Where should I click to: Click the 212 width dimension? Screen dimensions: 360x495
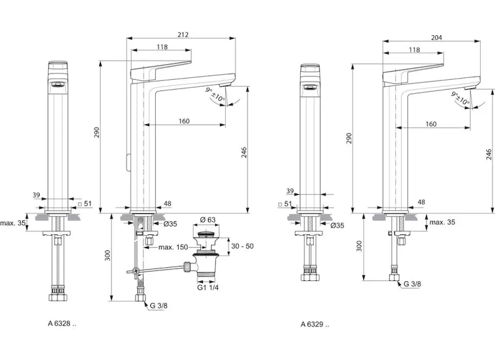(183, 35)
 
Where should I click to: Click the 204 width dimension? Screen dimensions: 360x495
(436, 38)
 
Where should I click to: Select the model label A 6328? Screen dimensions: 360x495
(62, 323)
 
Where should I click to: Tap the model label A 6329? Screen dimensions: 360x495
(315, 324)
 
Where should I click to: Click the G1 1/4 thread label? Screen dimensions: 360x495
(207, 287)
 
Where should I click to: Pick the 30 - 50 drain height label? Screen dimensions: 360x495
(241, 246)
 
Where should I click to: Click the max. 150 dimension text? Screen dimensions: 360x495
(173, 247)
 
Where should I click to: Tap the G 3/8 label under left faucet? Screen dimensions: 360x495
(158, 306)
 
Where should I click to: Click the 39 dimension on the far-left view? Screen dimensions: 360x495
(37, 195)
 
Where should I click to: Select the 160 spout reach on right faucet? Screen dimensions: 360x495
(431, 124)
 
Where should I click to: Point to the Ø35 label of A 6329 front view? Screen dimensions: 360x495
(338, 226)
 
